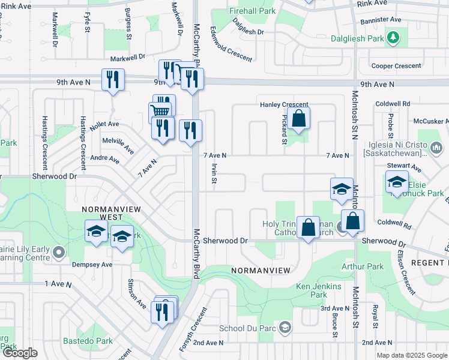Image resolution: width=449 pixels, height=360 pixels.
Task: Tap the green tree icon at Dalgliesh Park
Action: [393, 38]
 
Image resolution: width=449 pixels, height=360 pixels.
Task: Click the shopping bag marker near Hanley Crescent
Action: [298, 118]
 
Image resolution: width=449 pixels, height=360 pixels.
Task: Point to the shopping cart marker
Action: [160, 112]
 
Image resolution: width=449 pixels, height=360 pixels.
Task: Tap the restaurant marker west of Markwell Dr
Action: [113, 79]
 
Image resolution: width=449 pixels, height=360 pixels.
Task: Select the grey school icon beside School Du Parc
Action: [285, 328]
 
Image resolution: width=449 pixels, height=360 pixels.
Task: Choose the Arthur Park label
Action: [362, 266]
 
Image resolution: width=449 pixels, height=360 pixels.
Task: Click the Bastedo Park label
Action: [88, 341]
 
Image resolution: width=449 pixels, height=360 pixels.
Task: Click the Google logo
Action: [20, 353]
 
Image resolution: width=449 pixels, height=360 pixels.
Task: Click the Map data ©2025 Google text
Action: [411, 355]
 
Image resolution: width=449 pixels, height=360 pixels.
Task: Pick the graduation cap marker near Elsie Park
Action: [397, 181]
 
